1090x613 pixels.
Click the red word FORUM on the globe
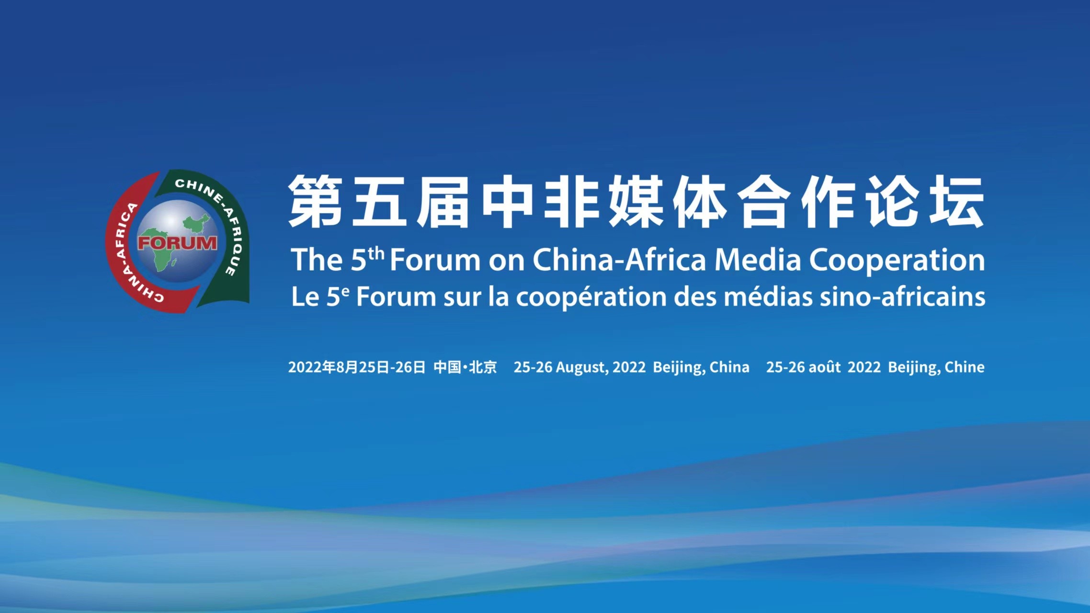click(177, 243)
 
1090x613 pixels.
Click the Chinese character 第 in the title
click(315, 201)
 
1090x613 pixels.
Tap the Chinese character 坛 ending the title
click(956, 201)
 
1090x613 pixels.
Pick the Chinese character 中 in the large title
click(508, 201)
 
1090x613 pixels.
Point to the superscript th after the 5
click(376, 253)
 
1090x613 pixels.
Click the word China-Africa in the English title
click(619, 260)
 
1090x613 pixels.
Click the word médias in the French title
click(768, 296)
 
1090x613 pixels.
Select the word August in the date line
click(582, 367)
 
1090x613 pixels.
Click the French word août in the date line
click(824, 367)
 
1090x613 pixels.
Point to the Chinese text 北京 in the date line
click(483, 367)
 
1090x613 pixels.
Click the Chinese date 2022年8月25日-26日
click(357, 367)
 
